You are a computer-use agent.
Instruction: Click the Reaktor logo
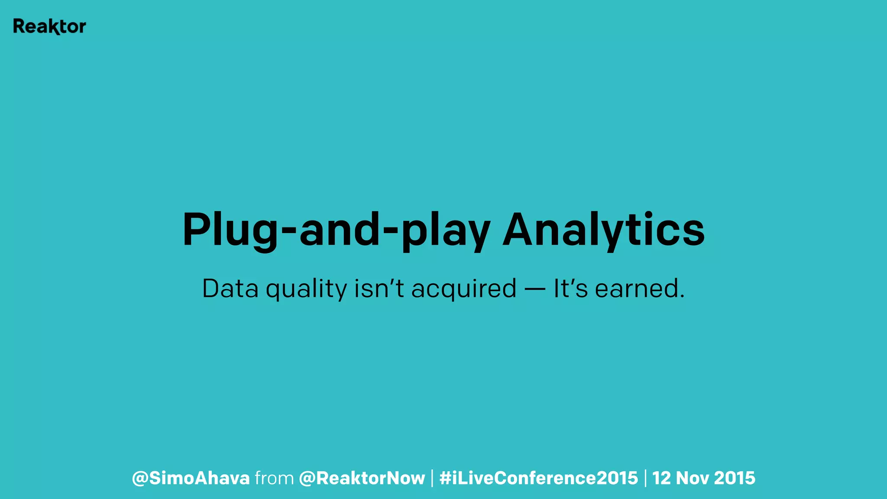click(x=49, y=26)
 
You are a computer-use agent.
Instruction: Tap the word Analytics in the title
click(x=603, y=230)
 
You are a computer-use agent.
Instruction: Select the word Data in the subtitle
click(x=230, y=289)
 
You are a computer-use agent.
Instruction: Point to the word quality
click(x=306, y=289)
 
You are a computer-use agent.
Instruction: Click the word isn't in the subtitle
click(x=379, y=289)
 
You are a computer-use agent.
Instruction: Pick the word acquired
click(x=464, y=289)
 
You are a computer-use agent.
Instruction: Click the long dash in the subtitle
click(x=535, y=289)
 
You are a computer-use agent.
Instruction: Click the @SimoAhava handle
click(x=191, y=478)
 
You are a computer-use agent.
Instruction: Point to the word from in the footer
click(x=275, y=478)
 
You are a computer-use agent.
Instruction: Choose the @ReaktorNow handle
click(x=362, y=478)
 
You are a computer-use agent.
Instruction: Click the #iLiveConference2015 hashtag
click(x=538, y=478)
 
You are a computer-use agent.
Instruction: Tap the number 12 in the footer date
click(x=661, y=478)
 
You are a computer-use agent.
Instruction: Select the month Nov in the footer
click(x=692, y=478)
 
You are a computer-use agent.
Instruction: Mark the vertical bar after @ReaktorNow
click(x=432, y=478)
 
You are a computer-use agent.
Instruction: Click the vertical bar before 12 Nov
click(x=645, y=478)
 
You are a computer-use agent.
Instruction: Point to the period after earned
click(x=682, y=297)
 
